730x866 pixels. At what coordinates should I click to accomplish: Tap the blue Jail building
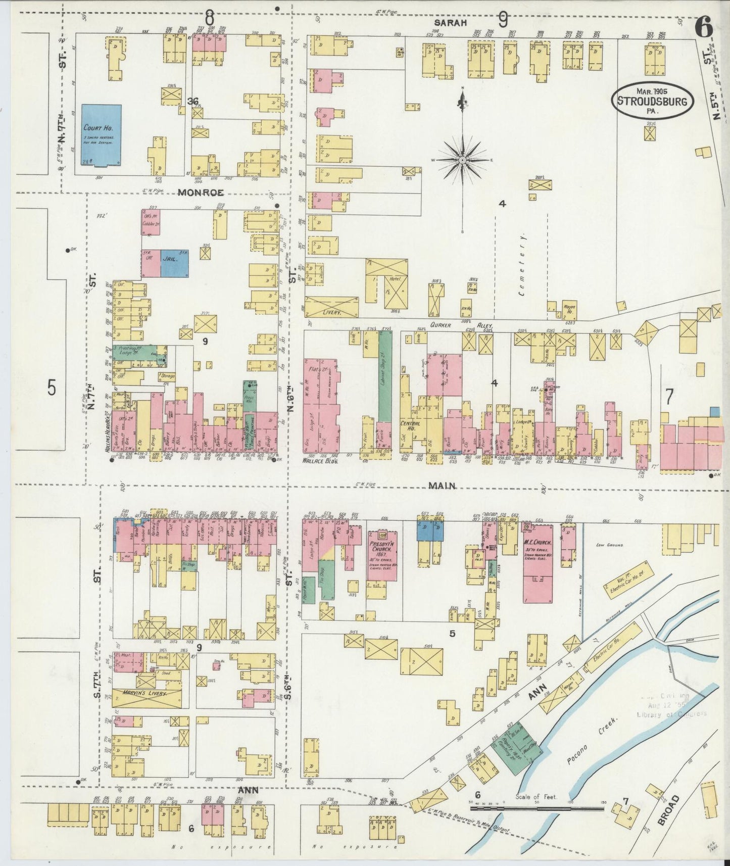click(x=174, y=263)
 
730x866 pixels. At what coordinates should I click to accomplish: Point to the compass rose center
click(x=462, y=160)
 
